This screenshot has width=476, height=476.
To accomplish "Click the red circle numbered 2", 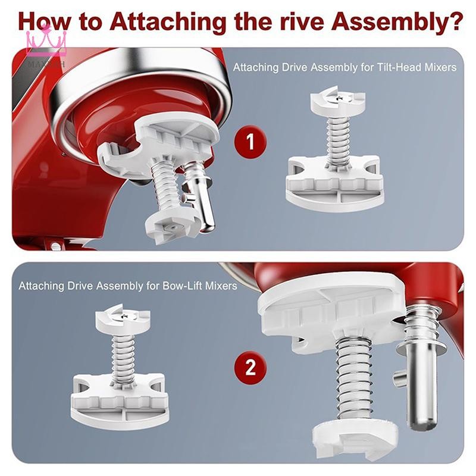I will pos(250,367).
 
